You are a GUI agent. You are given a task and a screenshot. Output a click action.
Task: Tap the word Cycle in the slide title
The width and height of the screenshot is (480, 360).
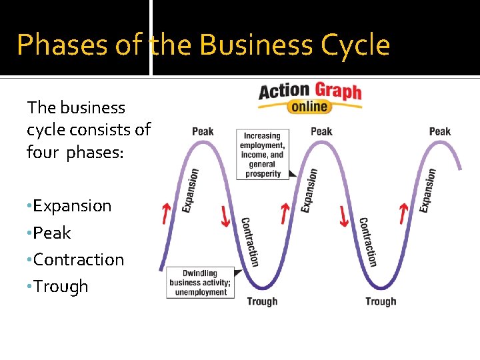point(355,45)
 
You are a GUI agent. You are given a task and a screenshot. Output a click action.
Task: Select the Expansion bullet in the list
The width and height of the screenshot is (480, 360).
point(71,206)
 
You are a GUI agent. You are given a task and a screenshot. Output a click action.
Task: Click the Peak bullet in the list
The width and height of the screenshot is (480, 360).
point(51,233)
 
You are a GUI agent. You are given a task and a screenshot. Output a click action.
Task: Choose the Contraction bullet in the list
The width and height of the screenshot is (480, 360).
point(78,259)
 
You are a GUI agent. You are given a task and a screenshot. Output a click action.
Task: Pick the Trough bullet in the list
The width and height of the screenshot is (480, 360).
point(60,286)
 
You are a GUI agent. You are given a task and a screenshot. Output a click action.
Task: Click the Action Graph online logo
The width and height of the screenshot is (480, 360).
point(310,97)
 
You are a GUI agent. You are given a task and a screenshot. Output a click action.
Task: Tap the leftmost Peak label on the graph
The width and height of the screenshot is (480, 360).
point(203,131)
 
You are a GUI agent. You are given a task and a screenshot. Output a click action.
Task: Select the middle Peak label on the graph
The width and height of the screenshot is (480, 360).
point(321,131)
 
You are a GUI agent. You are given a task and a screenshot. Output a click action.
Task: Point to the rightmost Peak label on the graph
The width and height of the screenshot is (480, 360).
point(440,131)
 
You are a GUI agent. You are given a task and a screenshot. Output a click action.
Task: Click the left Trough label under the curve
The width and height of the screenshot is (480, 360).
point(262,301)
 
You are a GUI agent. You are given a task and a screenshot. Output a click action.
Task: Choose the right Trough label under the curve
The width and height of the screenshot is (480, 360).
point(381,301)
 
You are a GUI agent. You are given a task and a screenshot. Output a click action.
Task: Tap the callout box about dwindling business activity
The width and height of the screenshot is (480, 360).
point(200,283)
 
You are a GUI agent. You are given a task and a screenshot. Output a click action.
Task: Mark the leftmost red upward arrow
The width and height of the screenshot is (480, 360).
point(166,214)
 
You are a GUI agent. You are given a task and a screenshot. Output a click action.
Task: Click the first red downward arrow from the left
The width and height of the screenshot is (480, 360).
point(225,215)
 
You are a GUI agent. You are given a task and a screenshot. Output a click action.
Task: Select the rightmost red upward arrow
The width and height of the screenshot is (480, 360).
point(403,214)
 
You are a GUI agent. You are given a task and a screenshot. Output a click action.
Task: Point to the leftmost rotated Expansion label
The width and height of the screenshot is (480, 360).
point(191,190)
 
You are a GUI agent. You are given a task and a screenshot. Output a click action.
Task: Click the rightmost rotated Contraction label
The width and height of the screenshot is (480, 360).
point(367,241)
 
